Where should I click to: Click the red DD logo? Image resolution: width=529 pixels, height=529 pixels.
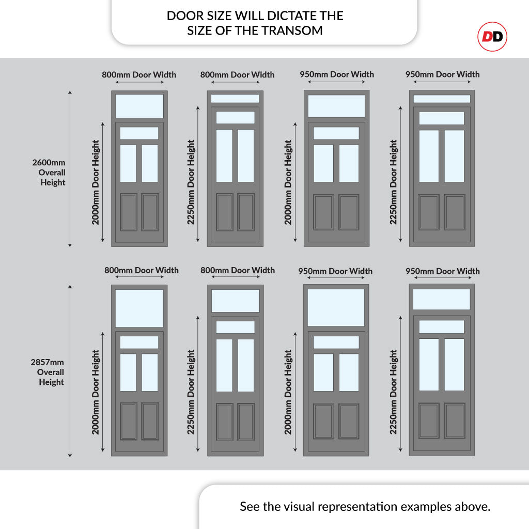pyautogui.click(x=492, y=37)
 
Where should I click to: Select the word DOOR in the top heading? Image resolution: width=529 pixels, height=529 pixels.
pyautogui.click(x=180, y=15)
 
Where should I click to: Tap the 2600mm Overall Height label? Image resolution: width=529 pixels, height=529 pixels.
pyautogui.click(x=49, y=173)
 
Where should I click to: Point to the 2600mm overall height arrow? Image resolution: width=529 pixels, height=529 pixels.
pyautogui.click(x=70, y=168)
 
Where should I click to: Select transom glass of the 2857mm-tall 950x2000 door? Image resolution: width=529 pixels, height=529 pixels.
pyautogui.click(x=336, y=307)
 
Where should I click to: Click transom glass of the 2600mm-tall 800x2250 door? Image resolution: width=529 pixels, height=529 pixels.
pyautogui.click(x=235, y=98)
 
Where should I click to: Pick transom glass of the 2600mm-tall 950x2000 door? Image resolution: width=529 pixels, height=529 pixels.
pyautogui.click(x=336, y=106)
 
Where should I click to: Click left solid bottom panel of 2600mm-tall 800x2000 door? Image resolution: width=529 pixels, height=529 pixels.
pyautogui.click(x=129, y=212)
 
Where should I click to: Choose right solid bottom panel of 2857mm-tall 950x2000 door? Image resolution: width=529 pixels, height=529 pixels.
pyautogui.click(x=349, y=421)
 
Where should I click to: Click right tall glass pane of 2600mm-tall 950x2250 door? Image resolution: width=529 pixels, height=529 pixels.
pyautogui.click(x=454, y=156)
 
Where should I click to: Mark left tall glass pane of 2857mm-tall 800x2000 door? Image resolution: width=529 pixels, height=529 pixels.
pyautogui.click(x=129, y=372)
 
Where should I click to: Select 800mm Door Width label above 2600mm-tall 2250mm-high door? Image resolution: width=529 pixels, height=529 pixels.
pyautogui.click(x=237, y=74)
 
